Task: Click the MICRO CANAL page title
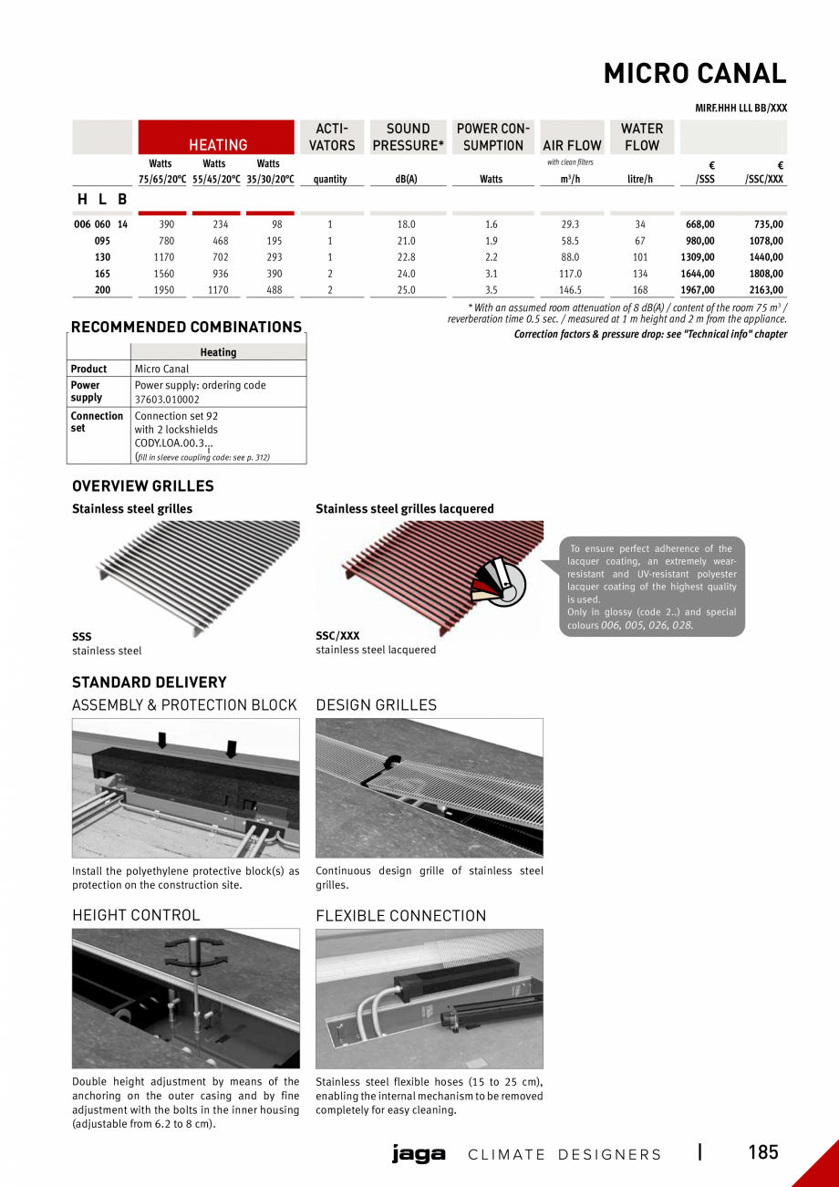(x=694, y=74)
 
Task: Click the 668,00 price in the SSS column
(x=699, y=224)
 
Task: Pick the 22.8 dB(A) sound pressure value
(x=406, y=257)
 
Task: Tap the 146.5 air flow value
(x=570, y=290)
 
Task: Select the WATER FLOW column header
(x=642, y=137)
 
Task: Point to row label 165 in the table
(x=102, y=274)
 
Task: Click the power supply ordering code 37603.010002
(x=167, y=400)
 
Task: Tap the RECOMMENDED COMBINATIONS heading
(x=186, y=328)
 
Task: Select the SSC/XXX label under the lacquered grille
(x=337, y=635)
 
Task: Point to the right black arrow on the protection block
(x=231, y=748)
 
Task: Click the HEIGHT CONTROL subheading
(x=135, y=915)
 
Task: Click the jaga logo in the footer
(x=419, y=1154)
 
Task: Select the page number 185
(x=763, y=1152)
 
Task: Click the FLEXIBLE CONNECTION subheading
(x=400, y=916)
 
